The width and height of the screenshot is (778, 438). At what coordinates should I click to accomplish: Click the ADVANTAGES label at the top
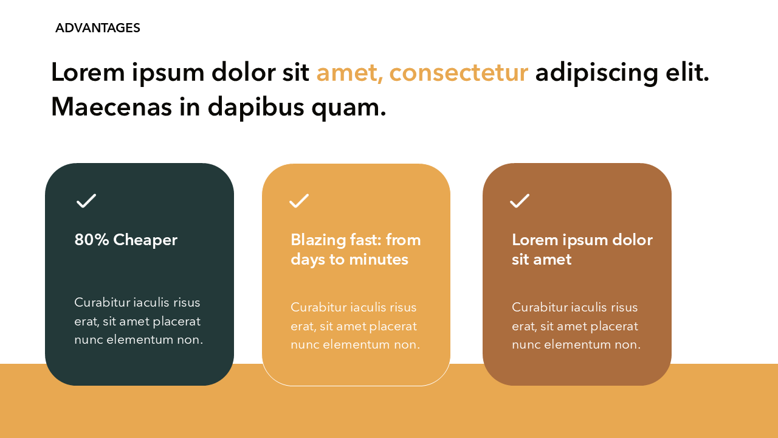click(97, 28)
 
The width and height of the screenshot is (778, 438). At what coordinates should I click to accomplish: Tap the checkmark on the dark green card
click(86, 201)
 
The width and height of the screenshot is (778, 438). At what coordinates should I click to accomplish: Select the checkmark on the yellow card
click(299, 201)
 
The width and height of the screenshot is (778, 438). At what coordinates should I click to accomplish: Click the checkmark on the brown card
click(520, 201)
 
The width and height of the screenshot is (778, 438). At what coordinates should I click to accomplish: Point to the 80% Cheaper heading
click(126, 240)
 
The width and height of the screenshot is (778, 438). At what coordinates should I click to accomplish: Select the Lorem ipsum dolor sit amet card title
click(582, 249)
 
